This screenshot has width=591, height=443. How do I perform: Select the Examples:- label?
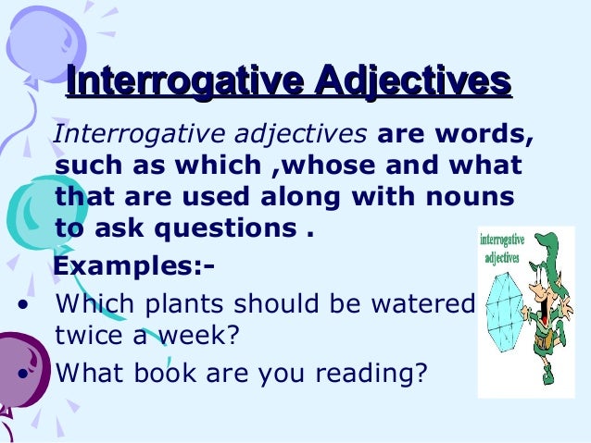coord(135,267)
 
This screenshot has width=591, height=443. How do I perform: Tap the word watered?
coord(426,304)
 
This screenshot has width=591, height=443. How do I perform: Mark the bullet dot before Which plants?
coord(21,304)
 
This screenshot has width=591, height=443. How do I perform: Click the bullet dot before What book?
coord(21,373)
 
